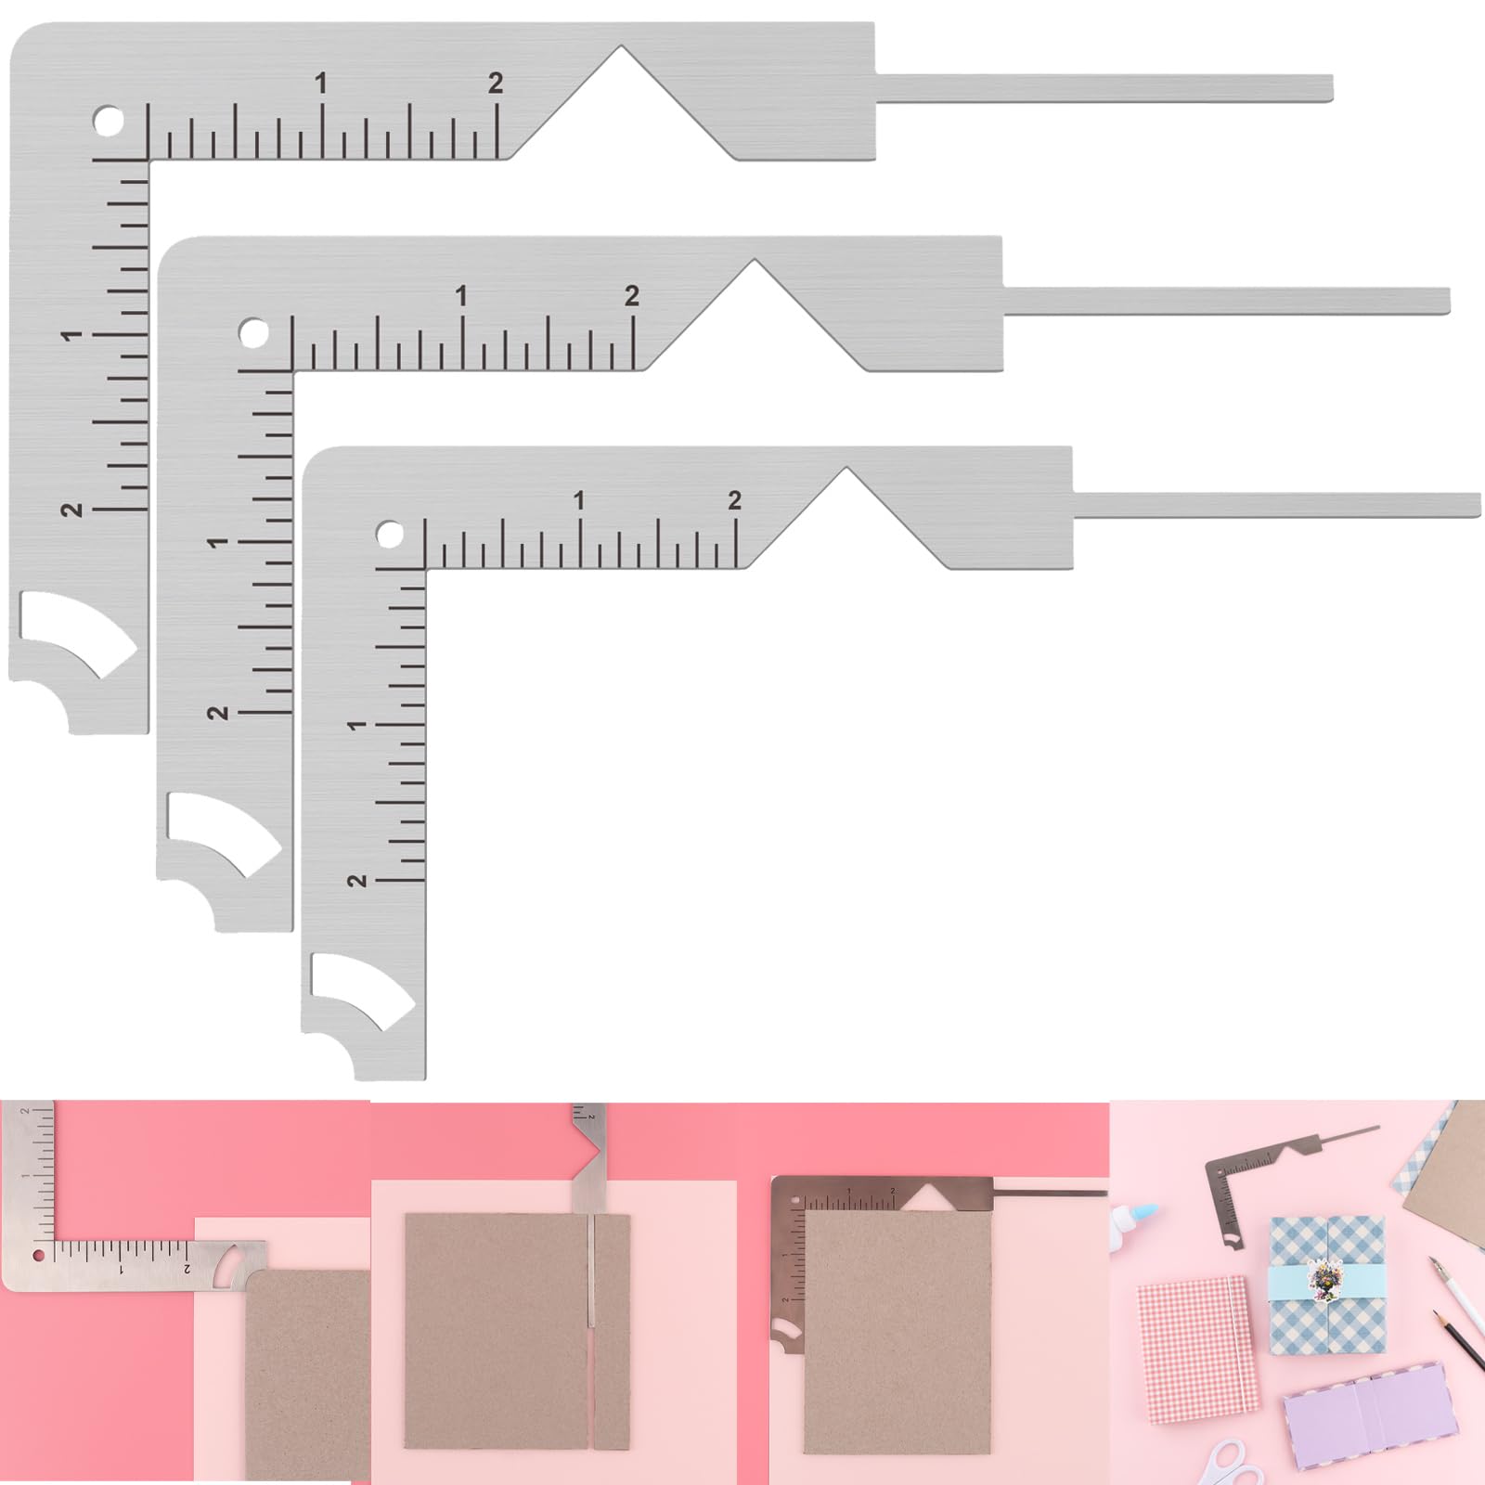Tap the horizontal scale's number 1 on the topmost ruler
point(321,84)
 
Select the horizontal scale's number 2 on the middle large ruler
point(632,296)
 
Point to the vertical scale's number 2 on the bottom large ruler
point(356,880)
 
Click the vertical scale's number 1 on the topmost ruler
point(71,335)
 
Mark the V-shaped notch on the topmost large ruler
point(622,102)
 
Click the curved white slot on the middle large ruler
point(223,833)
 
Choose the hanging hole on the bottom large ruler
point(390,536)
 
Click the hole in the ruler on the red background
point(38,1256)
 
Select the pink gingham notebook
point(1197,1349)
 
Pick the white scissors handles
point(1234,1465)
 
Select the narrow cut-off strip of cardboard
point(612,1332)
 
